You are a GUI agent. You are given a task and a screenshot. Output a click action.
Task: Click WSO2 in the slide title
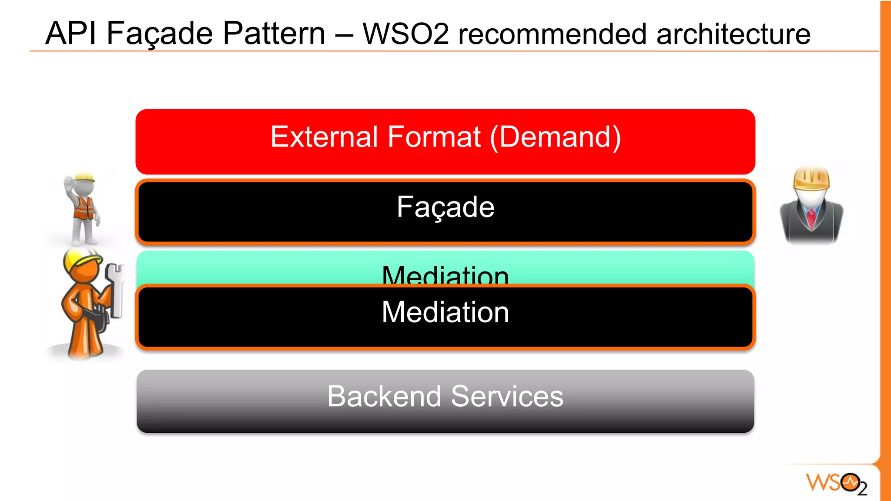[x=405, y=34]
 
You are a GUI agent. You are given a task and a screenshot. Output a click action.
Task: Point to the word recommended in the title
[x=552, y=34]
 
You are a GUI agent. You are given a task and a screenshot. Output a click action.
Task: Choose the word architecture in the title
[x=733, y=34]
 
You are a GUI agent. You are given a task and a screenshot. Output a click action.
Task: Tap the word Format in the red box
[x=434, y=137]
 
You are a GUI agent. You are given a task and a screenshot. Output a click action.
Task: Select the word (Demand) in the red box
[x=556, y=138]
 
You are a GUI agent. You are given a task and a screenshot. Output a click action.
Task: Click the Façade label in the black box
[x=445, y=207]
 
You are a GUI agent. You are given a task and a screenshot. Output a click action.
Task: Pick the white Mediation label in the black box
[x=445, y=312]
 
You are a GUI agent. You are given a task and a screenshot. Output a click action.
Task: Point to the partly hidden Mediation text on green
[x=445, y=274]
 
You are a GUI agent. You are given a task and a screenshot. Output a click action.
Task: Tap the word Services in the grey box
[x=507, y=396]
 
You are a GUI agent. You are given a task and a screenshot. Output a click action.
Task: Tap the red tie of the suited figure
[x=811, y=217]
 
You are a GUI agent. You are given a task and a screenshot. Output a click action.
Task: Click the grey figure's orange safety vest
[x=84, y=207]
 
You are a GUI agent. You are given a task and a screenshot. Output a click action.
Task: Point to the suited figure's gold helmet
[x=811, y=178]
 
